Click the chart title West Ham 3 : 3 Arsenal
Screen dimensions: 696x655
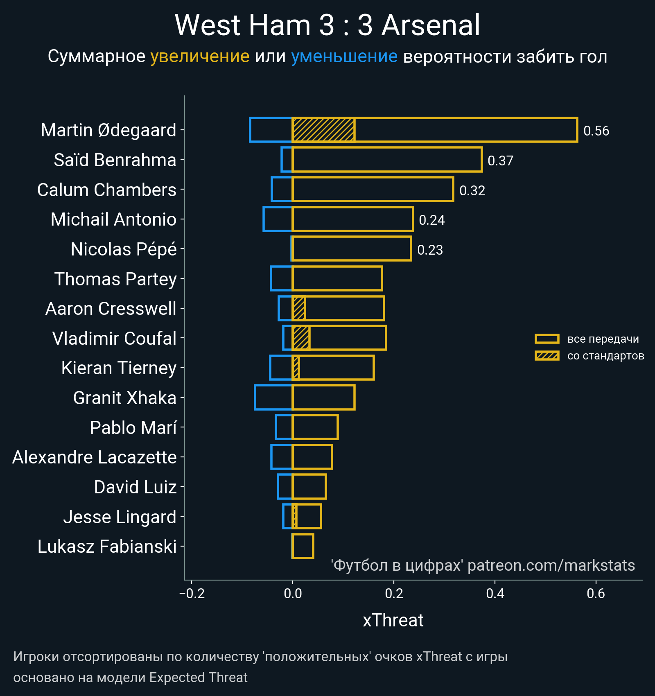click(327, 25)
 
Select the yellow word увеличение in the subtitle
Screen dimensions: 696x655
click(200, 56)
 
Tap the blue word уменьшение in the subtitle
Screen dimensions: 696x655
click(344, 56)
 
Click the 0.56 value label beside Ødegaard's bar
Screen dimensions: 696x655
click(596, 131)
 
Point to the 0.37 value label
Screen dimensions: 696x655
click(500, 161)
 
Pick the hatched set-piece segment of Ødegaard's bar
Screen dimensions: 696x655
click(323, 130)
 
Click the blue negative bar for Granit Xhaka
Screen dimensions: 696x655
click(273, 398)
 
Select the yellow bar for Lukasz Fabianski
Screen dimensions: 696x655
click(303, 546)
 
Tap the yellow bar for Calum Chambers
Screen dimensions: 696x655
click(373, 189)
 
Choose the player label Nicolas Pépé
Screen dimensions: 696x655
click(124, 249)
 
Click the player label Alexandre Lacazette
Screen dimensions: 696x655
click(95, 457)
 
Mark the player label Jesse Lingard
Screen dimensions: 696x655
click(120, 517)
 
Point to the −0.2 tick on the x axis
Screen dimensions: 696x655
click(192, 593)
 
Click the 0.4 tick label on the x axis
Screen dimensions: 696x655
click(495, 593)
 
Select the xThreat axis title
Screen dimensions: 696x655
click(393, 620)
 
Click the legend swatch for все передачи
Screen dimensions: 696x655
click(547, 339)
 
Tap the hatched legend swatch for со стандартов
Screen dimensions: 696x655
click(547, 356)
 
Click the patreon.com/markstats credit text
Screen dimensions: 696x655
click(551, 565)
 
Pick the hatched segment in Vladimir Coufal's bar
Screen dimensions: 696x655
click(301, 338)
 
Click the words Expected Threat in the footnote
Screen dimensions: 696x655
click(198, 678)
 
